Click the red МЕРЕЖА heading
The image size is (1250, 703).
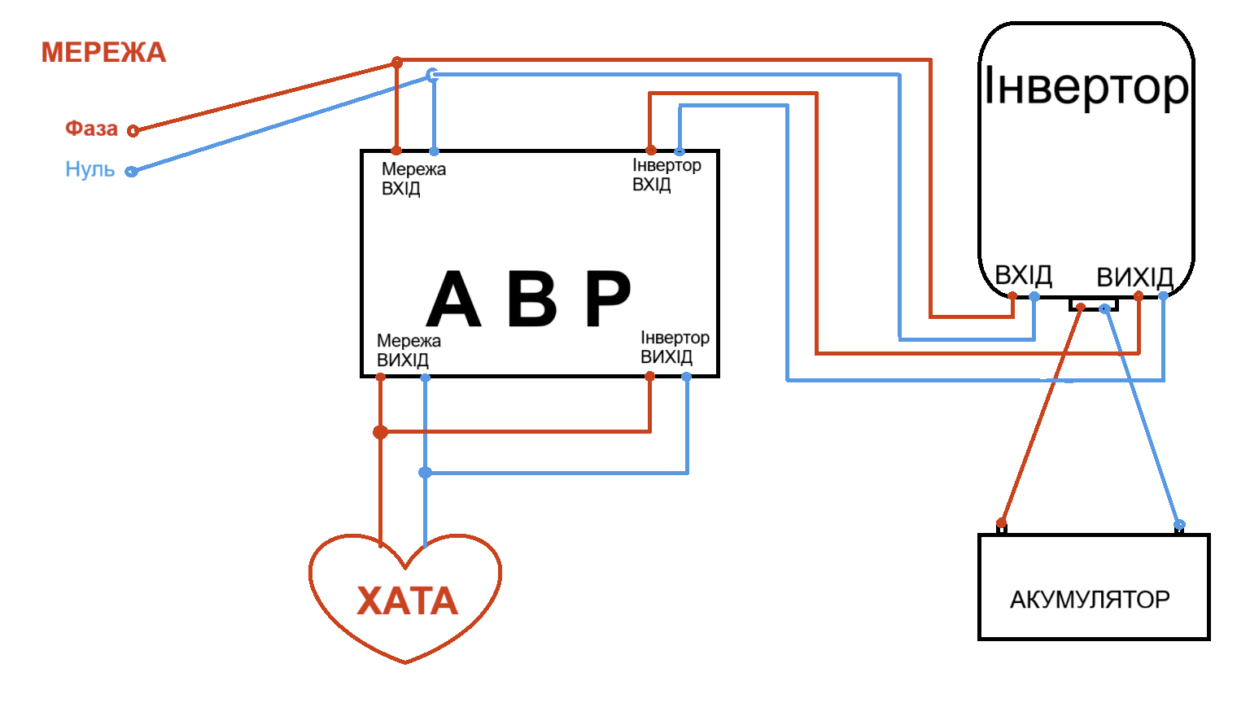pyautogui.click(x=103, y=53)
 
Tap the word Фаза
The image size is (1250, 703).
pyautogui.click(x=91, y=129)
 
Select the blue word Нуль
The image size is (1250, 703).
pyautogui.click(x=90, y=169)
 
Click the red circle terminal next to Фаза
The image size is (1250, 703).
pyautogui.click(x=133, y=130)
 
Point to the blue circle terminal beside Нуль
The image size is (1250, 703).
pyautogui.click(x=131, y=172)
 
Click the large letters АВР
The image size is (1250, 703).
pyautogui.click(x=529, y=299)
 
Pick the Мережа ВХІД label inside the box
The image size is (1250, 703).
pyautogui.click(x=413, y=179)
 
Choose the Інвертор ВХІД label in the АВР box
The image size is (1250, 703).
pyautogui.click(x=667, y=175)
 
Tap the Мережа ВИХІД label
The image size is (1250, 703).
pyautogui.click(x=409, y=351)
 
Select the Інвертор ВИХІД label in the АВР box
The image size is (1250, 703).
pyautogui.click(x=675, y=347)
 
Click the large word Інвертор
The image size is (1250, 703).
pyautogui.click(x=1086, y=86)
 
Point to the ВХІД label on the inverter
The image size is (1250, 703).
pyautogui.click(x=1024, y=275)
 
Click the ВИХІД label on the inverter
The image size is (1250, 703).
pyautogui.click(x=1134, y=277)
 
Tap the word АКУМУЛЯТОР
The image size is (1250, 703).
pyautogui.click(x=1090, y=600)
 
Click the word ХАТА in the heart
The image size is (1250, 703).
pyautogui.click(x=407, y=601)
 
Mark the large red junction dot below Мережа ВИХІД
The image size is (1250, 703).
pyautogui.click(x=380, y=432)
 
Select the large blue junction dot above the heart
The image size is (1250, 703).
pyautogui.click(x=425, y=473)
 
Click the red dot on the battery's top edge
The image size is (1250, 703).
pyautogui.click(x=1002, y=523)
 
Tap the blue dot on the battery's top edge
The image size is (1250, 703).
pyautogui.click(x=1179, y=525)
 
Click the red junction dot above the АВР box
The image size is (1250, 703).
pyautogui.click(x=397, y=63)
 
